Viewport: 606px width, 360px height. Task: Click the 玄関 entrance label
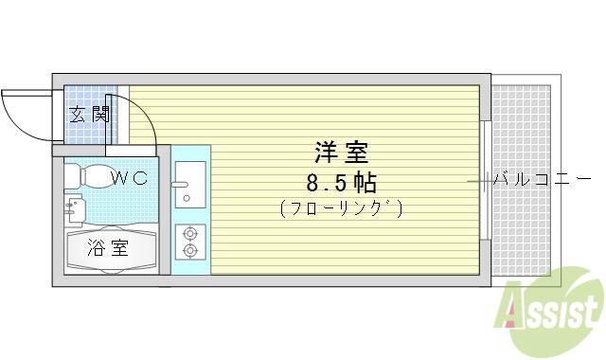(x=90, y=114)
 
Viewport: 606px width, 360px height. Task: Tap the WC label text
(x=130, y=178)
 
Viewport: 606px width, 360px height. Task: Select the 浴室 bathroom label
(x=108, y=248)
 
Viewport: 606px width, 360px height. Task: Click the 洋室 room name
(x=342, y=153)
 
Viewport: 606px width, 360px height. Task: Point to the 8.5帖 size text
(x=342, y=183)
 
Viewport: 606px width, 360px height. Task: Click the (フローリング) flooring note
(x=342, y=208)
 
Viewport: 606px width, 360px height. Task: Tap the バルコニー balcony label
(x=542, y=179)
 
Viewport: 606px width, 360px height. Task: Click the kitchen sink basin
(x=190, y=185)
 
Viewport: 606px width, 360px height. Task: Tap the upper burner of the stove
(x=190, y=234)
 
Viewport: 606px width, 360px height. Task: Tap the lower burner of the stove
(x=190, y=250)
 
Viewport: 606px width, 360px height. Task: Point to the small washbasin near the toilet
(x=75, y=209)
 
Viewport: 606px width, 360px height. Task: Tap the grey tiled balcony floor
(x=521, y=180)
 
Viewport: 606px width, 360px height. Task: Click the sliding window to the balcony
(x=487, y=180)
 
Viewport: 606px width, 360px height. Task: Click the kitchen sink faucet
(x=179, y=185)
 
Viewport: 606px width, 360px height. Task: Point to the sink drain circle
(x=187, y=198)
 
